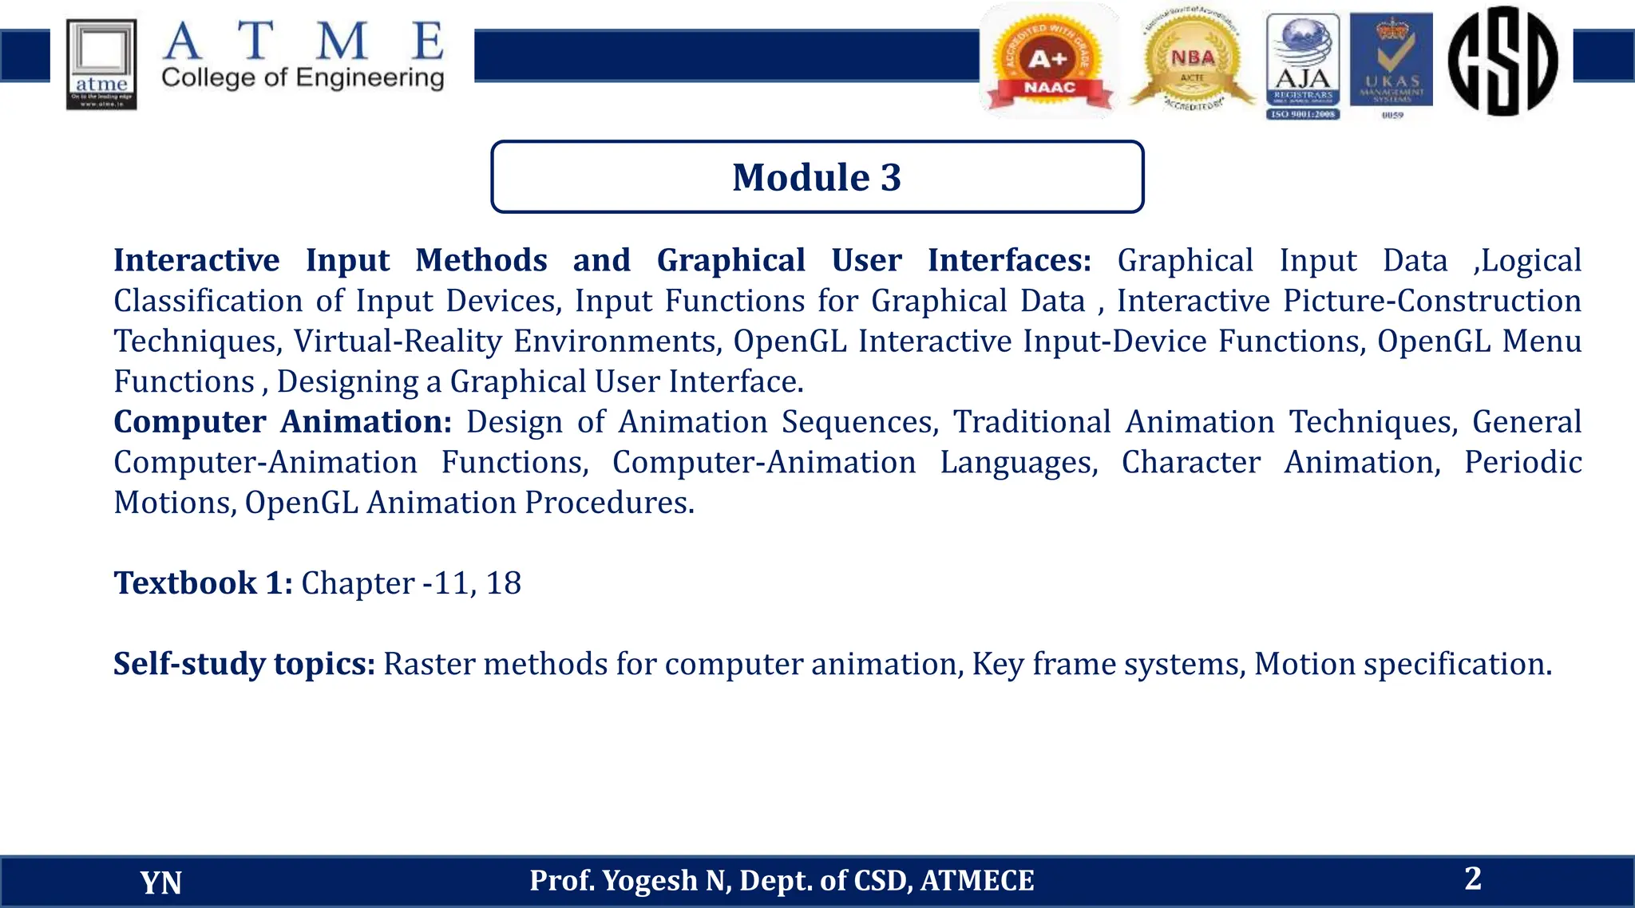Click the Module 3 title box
tap(817, 177)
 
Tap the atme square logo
tap(101, 65)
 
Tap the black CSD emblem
tap(1502, 61)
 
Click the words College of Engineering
tap(303, 78)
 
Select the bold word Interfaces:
tap(1009, 261)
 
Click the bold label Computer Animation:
tap(283, 422)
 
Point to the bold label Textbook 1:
tap(203, 583)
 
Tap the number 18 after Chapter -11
tap(503, 583)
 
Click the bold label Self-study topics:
tap(243, 664)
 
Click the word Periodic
tap(1522, 463)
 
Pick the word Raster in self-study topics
tap(429, 664)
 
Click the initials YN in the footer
tap(160, 882)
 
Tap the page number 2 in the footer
tap(1473, 878)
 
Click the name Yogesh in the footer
tap(649, 881)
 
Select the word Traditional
tap(1031, 422)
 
